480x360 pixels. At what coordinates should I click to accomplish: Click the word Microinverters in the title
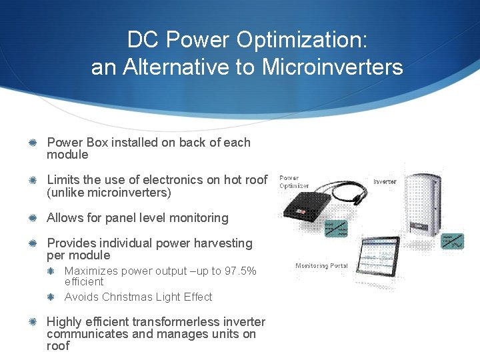(333, 67)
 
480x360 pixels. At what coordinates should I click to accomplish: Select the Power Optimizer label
(293, 182)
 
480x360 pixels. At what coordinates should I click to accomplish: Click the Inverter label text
(385, 181)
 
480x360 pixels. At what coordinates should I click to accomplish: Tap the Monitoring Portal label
(321, 266)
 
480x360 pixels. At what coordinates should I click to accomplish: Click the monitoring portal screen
(384, 260)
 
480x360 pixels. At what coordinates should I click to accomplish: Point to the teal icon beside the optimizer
(335, 227)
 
